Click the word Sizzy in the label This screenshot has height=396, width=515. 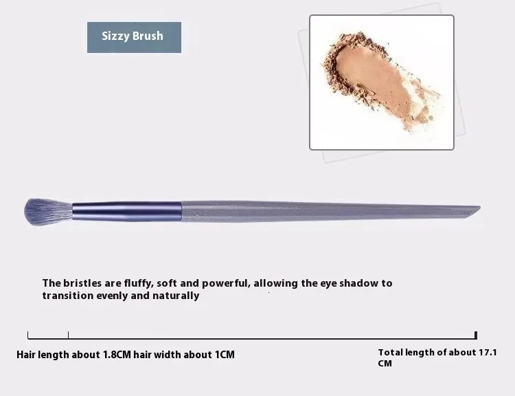coord(115,36)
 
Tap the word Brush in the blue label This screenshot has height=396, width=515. coord(148,36)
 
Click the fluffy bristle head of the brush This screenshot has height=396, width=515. coord(48,212)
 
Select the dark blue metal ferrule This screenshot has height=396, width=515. coord(127,212)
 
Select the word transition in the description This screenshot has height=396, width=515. coord(68,296)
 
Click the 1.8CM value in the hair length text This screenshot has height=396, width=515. coord(117,355)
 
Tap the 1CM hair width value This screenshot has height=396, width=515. coord(225,355)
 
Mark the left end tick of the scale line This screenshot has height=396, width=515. coord(28,335)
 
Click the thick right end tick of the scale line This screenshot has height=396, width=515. coord(476,335)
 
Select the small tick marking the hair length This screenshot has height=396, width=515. coord(68,335)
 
